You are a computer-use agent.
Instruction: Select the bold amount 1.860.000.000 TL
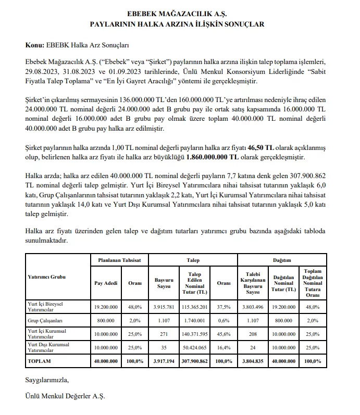(205, 157)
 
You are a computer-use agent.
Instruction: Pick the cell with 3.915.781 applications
(164, 307)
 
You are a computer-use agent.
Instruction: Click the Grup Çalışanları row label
(45, 321)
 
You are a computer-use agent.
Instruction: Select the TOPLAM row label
(40, 361)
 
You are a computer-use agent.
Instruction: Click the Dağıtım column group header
(282, 259)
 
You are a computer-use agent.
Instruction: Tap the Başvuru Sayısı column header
(164, 283)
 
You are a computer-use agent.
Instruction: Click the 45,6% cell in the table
(224, 333)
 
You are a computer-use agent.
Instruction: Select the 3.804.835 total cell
(253, 361)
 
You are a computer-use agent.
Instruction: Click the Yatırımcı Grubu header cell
(47, 277)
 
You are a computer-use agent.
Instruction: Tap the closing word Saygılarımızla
(47, 380)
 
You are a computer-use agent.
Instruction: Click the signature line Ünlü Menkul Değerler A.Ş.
(65, 396)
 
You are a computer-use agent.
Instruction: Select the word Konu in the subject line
(33, 45)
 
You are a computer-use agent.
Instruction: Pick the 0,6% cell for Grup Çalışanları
(224, 321)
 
